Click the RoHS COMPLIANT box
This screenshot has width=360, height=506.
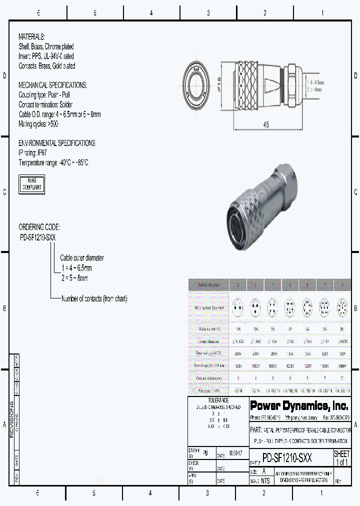pos(31,184)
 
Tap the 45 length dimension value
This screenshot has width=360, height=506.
pos(266,125)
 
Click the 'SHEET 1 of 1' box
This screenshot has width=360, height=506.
pos(341,458)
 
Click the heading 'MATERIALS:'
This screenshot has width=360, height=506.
pos(31,37)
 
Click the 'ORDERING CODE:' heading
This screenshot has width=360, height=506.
pos(39,227)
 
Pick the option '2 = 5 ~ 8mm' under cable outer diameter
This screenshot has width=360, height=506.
pos(75,278)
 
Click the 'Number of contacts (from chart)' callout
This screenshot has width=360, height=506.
pos(94,299)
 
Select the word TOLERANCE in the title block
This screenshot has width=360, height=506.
pos(218,400)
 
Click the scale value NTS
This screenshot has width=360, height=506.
pos(265,481)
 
